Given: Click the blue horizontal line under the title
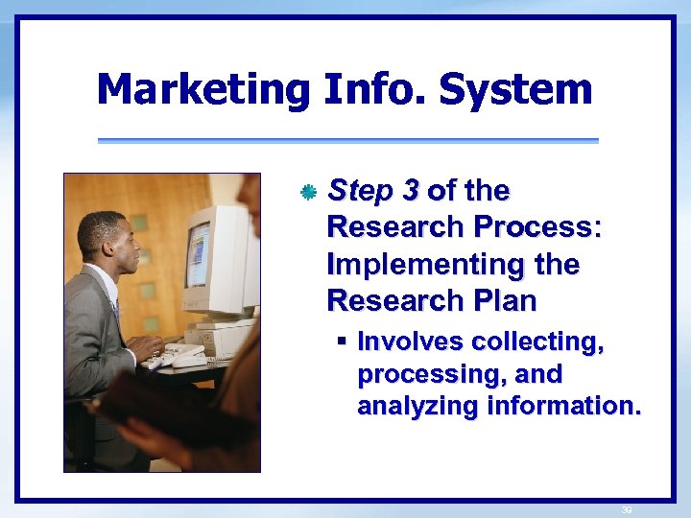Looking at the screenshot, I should pos(347,141).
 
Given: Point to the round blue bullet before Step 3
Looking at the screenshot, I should pos(307,193).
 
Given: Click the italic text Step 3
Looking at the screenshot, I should pos(373,191).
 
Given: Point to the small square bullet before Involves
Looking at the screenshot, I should pos(341,341).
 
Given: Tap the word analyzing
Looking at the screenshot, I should pos(417,407).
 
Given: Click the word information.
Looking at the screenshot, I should pos(562,407).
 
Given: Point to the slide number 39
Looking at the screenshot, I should pos(627,509).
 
